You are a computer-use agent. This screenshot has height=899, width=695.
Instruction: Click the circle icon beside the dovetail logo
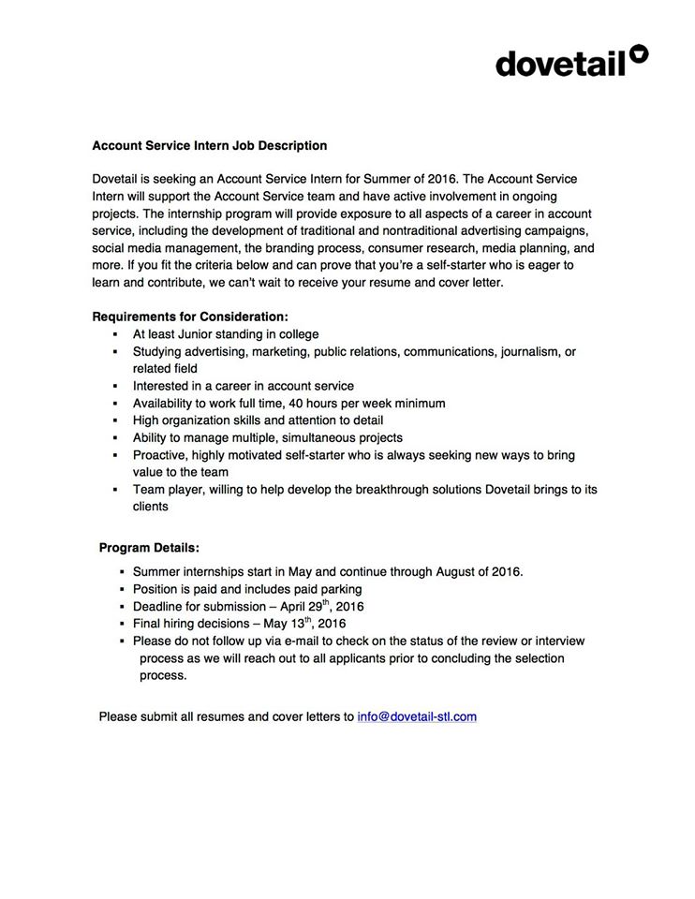coord(639,53)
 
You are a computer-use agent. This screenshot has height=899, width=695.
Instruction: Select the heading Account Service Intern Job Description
coord(209,146)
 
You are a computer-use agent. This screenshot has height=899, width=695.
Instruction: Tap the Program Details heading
coord(149,547)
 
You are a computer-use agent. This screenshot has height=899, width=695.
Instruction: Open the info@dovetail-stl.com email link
coord(418,716)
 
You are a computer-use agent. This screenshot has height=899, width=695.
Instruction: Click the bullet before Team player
coord(113,490)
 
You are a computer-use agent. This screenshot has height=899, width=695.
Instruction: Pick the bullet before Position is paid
coord(122,590)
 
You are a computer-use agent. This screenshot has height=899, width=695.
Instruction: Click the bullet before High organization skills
coord(113,420)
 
